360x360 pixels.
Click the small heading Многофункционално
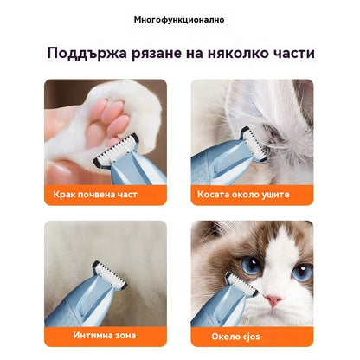(x=179, y=19)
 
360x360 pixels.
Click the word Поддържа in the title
(x=87, y=53)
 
